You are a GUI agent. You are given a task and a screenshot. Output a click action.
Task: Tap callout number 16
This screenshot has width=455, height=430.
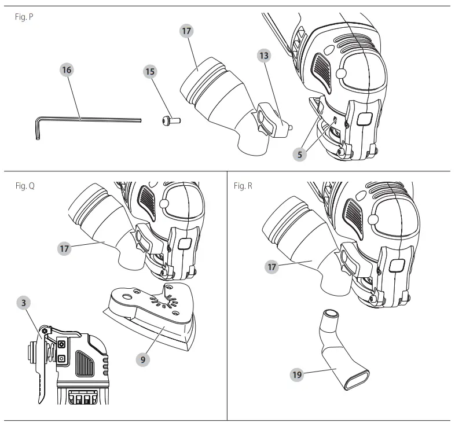pyautogui.click(x=67, y=70)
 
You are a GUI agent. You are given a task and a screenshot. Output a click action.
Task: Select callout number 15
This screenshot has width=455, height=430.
pyautogui.click(x=150, y=71)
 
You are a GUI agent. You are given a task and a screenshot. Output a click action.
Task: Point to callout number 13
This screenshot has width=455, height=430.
pyautogui.click(x=265, y=56)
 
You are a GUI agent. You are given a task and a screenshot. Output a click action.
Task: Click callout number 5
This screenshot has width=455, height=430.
pyautogui.click(x=300, y=155)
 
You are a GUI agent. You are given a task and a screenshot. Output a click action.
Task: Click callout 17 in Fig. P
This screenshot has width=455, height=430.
pyautogui.click(x=186, y=31)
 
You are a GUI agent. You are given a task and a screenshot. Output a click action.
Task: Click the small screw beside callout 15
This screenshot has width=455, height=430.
pyautogui.click(x=170, y=121)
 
